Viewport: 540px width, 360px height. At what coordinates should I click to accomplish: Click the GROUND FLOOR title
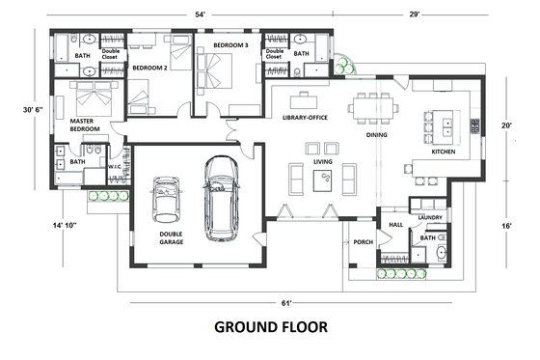point(270,327)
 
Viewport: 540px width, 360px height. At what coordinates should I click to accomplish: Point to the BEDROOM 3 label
point(232,45)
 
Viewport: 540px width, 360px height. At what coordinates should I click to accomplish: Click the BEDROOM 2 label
point(149,68)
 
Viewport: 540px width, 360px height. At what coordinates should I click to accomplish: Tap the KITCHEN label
point(443,152)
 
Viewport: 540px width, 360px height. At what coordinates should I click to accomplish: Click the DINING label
point(376,136)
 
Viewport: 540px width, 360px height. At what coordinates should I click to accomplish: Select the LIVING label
point(323,162)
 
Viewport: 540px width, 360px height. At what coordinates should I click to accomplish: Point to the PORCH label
point(364,242)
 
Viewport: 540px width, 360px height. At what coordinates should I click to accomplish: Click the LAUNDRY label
point(430,218)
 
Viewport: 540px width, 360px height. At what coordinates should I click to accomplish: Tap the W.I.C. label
point(114,167)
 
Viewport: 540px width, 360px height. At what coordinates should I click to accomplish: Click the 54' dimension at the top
point(201,16)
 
